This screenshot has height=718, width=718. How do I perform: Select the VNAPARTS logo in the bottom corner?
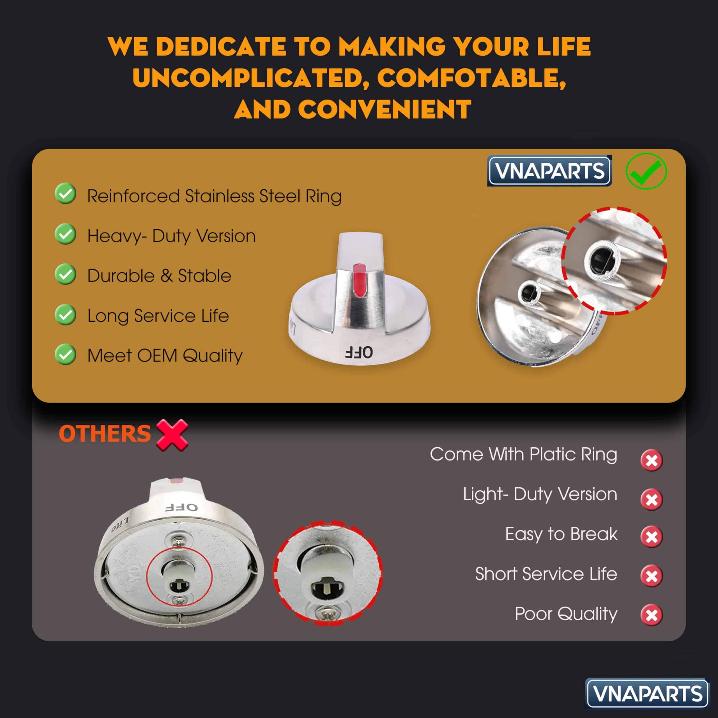click(647, 694)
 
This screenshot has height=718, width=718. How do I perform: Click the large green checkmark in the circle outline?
click(646, 171)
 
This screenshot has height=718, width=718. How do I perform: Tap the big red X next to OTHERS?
click(172, 435)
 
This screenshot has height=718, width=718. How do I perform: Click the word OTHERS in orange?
click(105, 434)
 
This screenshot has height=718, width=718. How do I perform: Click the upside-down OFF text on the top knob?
click(359, 352)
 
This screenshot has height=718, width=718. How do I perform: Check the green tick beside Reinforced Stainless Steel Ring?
click(65, 194)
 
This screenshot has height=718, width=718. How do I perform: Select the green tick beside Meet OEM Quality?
click(65, 354)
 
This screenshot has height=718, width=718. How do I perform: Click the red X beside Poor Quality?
click(652, 615)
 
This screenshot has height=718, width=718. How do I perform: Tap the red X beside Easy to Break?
click(652, 537)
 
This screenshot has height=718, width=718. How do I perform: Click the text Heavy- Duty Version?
click(171, 236)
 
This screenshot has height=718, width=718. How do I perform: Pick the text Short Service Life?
click(546, 574)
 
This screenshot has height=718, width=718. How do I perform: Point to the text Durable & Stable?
click(159, 276)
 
